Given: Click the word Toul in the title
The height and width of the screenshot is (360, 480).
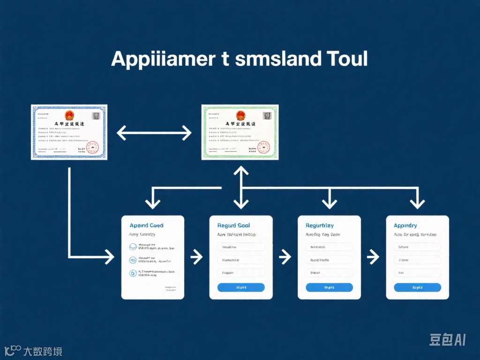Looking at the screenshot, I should point(345,60).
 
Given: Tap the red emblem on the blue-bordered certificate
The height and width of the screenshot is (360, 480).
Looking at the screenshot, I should point(69,115).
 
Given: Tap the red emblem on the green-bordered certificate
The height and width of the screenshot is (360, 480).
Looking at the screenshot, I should point(240,115).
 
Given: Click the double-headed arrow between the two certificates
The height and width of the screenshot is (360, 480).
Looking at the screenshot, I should point(154,133).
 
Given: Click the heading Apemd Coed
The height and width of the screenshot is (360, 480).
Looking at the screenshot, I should point(146,225).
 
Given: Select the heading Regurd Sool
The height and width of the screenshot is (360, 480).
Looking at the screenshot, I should point(233,225).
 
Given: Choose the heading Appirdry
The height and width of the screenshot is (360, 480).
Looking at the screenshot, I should point(405,225).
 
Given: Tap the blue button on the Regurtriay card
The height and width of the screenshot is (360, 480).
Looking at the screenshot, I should point(329,287).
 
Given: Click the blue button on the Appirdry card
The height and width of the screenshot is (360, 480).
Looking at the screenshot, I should point(417,287).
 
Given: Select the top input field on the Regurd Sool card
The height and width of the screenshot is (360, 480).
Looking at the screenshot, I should point(241,247).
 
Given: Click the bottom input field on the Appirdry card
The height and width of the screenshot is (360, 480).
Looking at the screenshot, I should point(417,273).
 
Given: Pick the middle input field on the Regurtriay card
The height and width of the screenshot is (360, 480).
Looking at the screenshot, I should point(329,260).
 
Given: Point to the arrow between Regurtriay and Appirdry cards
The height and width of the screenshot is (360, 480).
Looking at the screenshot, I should point(373,256).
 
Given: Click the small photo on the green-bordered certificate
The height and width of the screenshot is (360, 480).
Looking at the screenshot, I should point(268,115).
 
